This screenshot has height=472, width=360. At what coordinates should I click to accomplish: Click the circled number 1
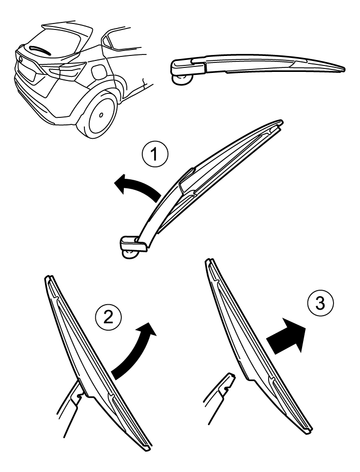[x=154, y=155]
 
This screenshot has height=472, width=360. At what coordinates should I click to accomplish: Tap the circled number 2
[x=108, y=317]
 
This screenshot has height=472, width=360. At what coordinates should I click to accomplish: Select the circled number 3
[x=320, y=303]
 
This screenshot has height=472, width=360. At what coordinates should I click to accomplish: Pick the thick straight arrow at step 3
[x=287, y=337]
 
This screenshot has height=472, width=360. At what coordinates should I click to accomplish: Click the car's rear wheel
[x=97, y=114]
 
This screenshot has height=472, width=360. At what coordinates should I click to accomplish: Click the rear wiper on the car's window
[x=41, y=50]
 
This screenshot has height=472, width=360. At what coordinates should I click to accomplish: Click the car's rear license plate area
[x=28, y=71]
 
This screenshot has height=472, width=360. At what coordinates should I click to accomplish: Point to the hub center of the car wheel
[x=101, y=115]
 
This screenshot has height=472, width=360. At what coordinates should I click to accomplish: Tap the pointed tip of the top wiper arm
[x=344, y=69]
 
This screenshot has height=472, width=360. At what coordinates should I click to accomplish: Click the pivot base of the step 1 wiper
[x=133, y=247]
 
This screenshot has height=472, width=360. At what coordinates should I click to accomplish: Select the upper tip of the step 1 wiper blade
[x=280, y=122]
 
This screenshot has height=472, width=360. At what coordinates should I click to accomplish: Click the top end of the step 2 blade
[x=49, y=279]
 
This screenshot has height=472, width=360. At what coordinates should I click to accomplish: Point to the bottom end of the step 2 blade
[x=147, y=447]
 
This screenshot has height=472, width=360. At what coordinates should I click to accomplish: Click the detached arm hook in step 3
[x=228, y=383]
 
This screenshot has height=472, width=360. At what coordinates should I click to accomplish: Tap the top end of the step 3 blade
[x=209, y=262]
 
